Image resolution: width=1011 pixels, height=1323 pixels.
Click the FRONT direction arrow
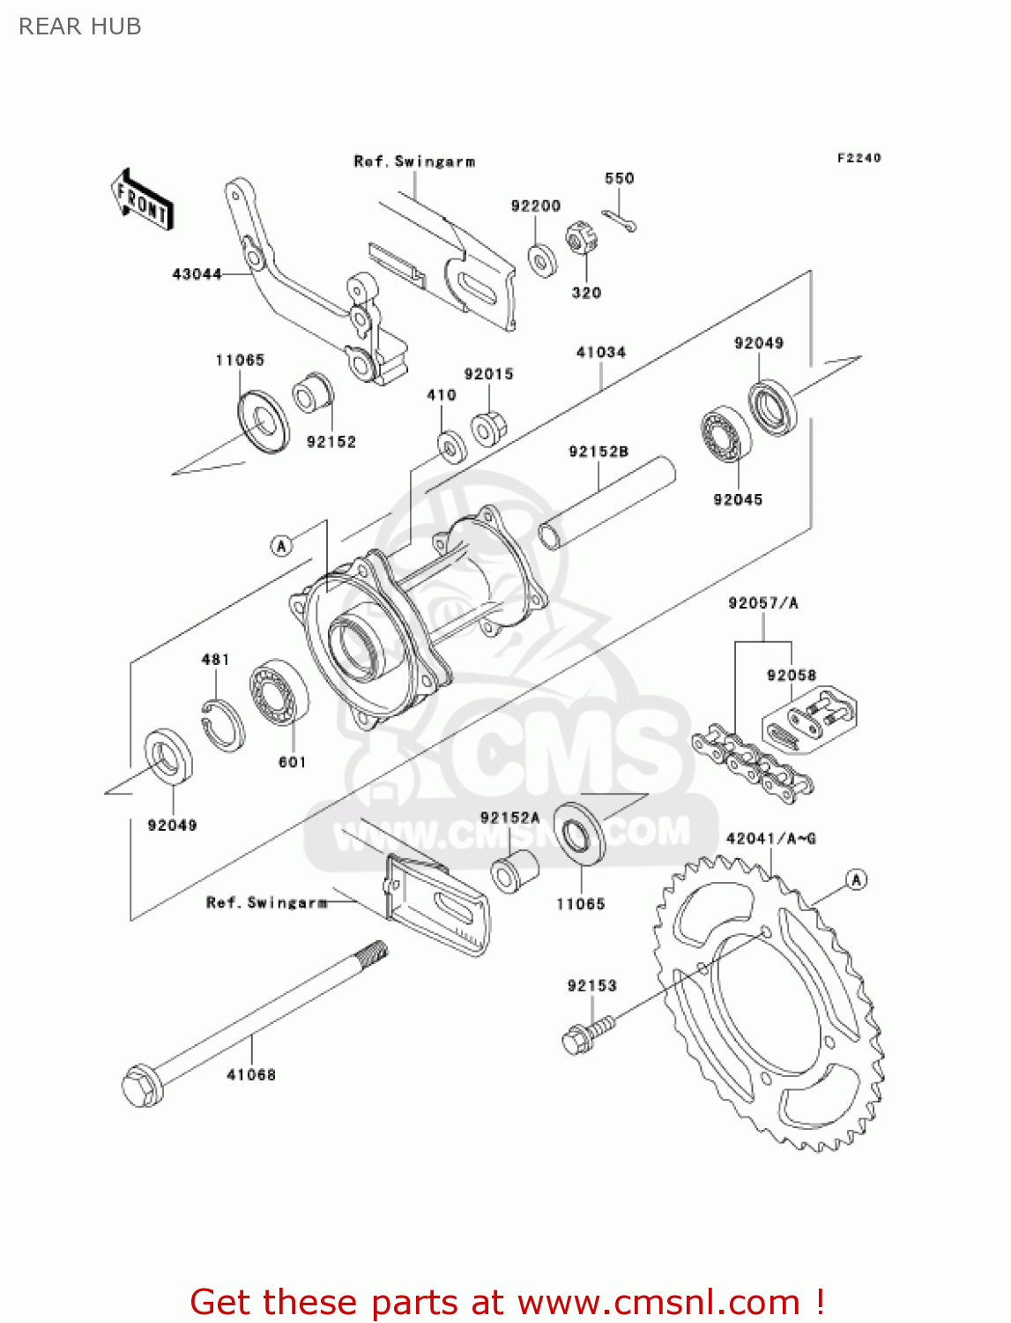click(x=141, y=199)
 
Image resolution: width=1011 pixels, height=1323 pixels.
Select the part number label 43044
click(x=197, y=274)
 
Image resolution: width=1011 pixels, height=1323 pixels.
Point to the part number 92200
click(x=535, y=206)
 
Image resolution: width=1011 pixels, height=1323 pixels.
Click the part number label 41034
click(x=600, y=352)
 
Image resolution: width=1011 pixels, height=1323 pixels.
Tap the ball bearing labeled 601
click(x=279, y=692)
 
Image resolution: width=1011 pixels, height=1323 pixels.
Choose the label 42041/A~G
click(x=770, y=838)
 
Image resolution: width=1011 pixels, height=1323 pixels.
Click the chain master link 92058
click(x=809, y=719)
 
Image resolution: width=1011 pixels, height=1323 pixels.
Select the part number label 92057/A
click(x=762, y=603)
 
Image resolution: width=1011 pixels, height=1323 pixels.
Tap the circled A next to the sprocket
click(x=856, y=879)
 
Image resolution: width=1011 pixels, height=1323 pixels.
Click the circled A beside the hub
click(x=281, y=546)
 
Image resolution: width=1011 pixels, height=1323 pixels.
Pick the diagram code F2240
click(x=859, y=158)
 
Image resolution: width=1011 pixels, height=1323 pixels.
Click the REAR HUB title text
click(x=80, y=26)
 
